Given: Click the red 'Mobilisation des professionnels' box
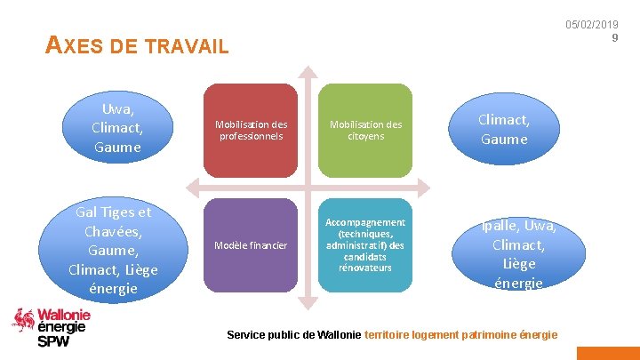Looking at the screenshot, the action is pos(251,131).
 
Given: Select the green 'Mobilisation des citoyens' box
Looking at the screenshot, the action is pos(366,131).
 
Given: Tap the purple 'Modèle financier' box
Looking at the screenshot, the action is pos(251,244).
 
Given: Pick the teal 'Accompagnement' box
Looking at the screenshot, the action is pos(366,244).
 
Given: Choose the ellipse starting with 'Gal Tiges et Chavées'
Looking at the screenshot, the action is pos(114,250).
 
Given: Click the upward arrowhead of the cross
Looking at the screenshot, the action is pos(308,73).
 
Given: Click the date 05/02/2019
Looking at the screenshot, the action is pos(591,25).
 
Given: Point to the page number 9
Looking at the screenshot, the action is pos(614,37).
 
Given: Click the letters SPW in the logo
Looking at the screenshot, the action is pos(53,341).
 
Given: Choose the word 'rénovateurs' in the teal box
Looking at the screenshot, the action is pos(365,268).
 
